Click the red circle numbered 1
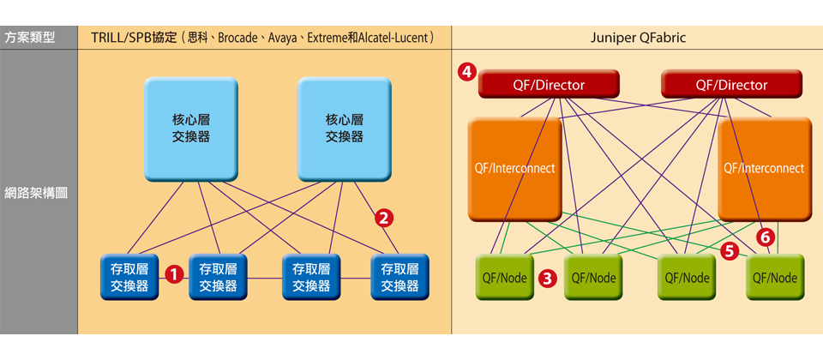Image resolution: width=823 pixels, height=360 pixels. point(174,275)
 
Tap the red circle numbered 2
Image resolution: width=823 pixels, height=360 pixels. point(385,218)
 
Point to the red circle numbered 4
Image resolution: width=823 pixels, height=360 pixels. point(467,72)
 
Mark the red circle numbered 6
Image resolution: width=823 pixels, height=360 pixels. point(767,235)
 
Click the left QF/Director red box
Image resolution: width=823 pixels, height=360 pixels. point(549,84)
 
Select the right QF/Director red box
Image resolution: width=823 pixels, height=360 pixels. point(731,84)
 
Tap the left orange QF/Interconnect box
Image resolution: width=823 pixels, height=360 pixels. point(514,168)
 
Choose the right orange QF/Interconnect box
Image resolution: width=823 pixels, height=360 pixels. point(764,168)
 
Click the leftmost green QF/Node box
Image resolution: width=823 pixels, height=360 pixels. point(503,277)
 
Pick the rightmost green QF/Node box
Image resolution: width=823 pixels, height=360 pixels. point(774,277)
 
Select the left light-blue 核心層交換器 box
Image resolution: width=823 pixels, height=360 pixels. point(190,128)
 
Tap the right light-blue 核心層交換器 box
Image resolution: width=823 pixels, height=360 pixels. point(345,128)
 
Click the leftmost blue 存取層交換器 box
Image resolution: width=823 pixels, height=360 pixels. point(129,277)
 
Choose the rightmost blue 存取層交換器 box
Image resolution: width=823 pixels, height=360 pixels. point(399,277)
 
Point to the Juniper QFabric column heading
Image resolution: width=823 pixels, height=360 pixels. point(638,39)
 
